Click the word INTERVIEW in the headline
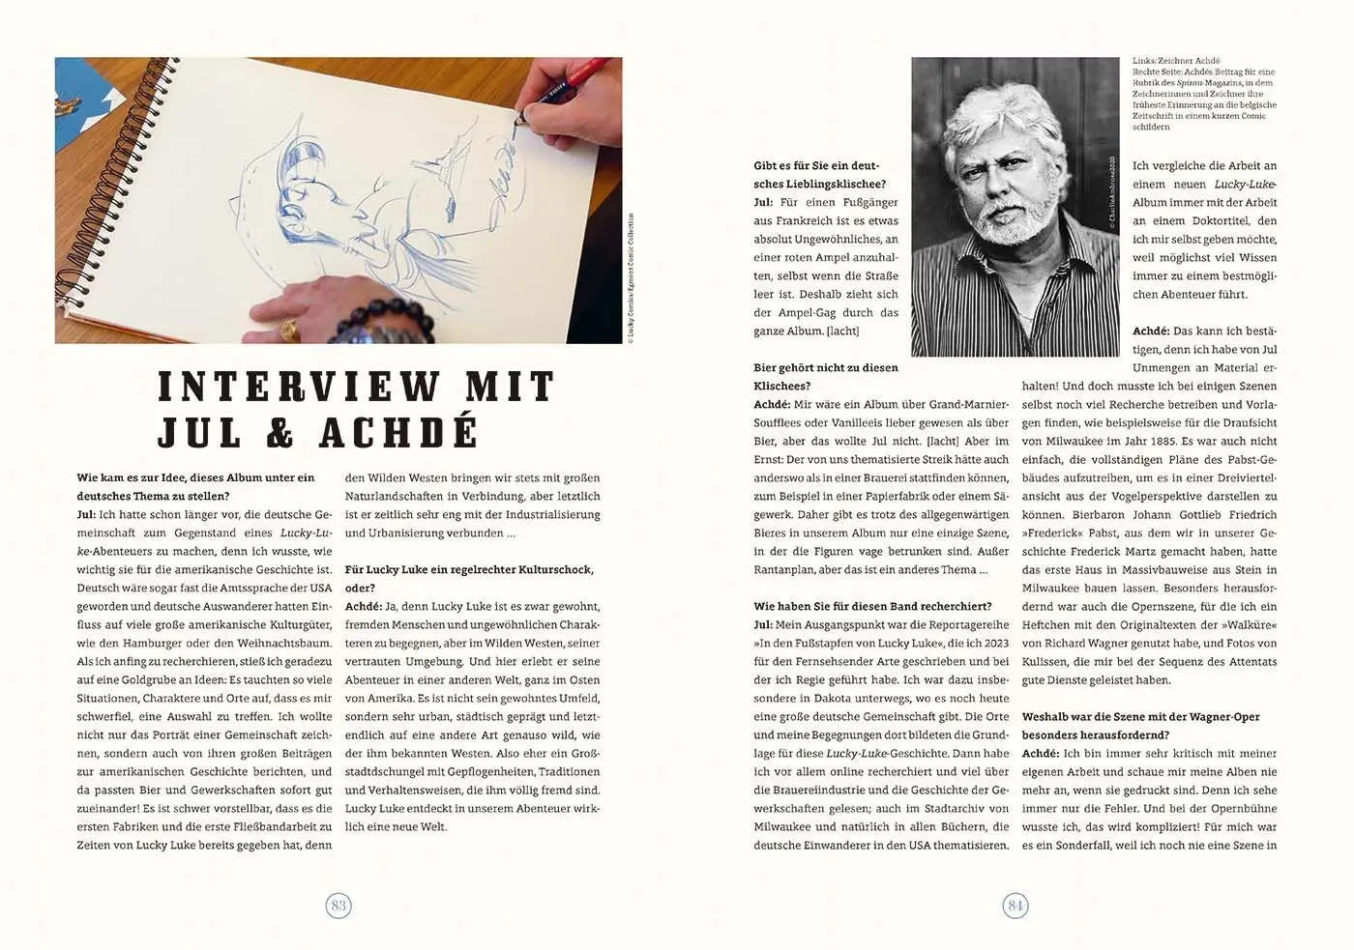[299, 387]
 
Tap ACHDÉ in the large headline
[398, 432]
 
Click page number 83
[338, 906]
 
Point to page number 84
[1015, 906]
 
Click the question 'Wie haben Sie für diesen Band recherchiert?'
[872, 606]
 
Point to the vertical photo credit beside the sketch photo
[631, 278]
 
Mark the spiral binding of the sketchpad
[77, 242]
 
